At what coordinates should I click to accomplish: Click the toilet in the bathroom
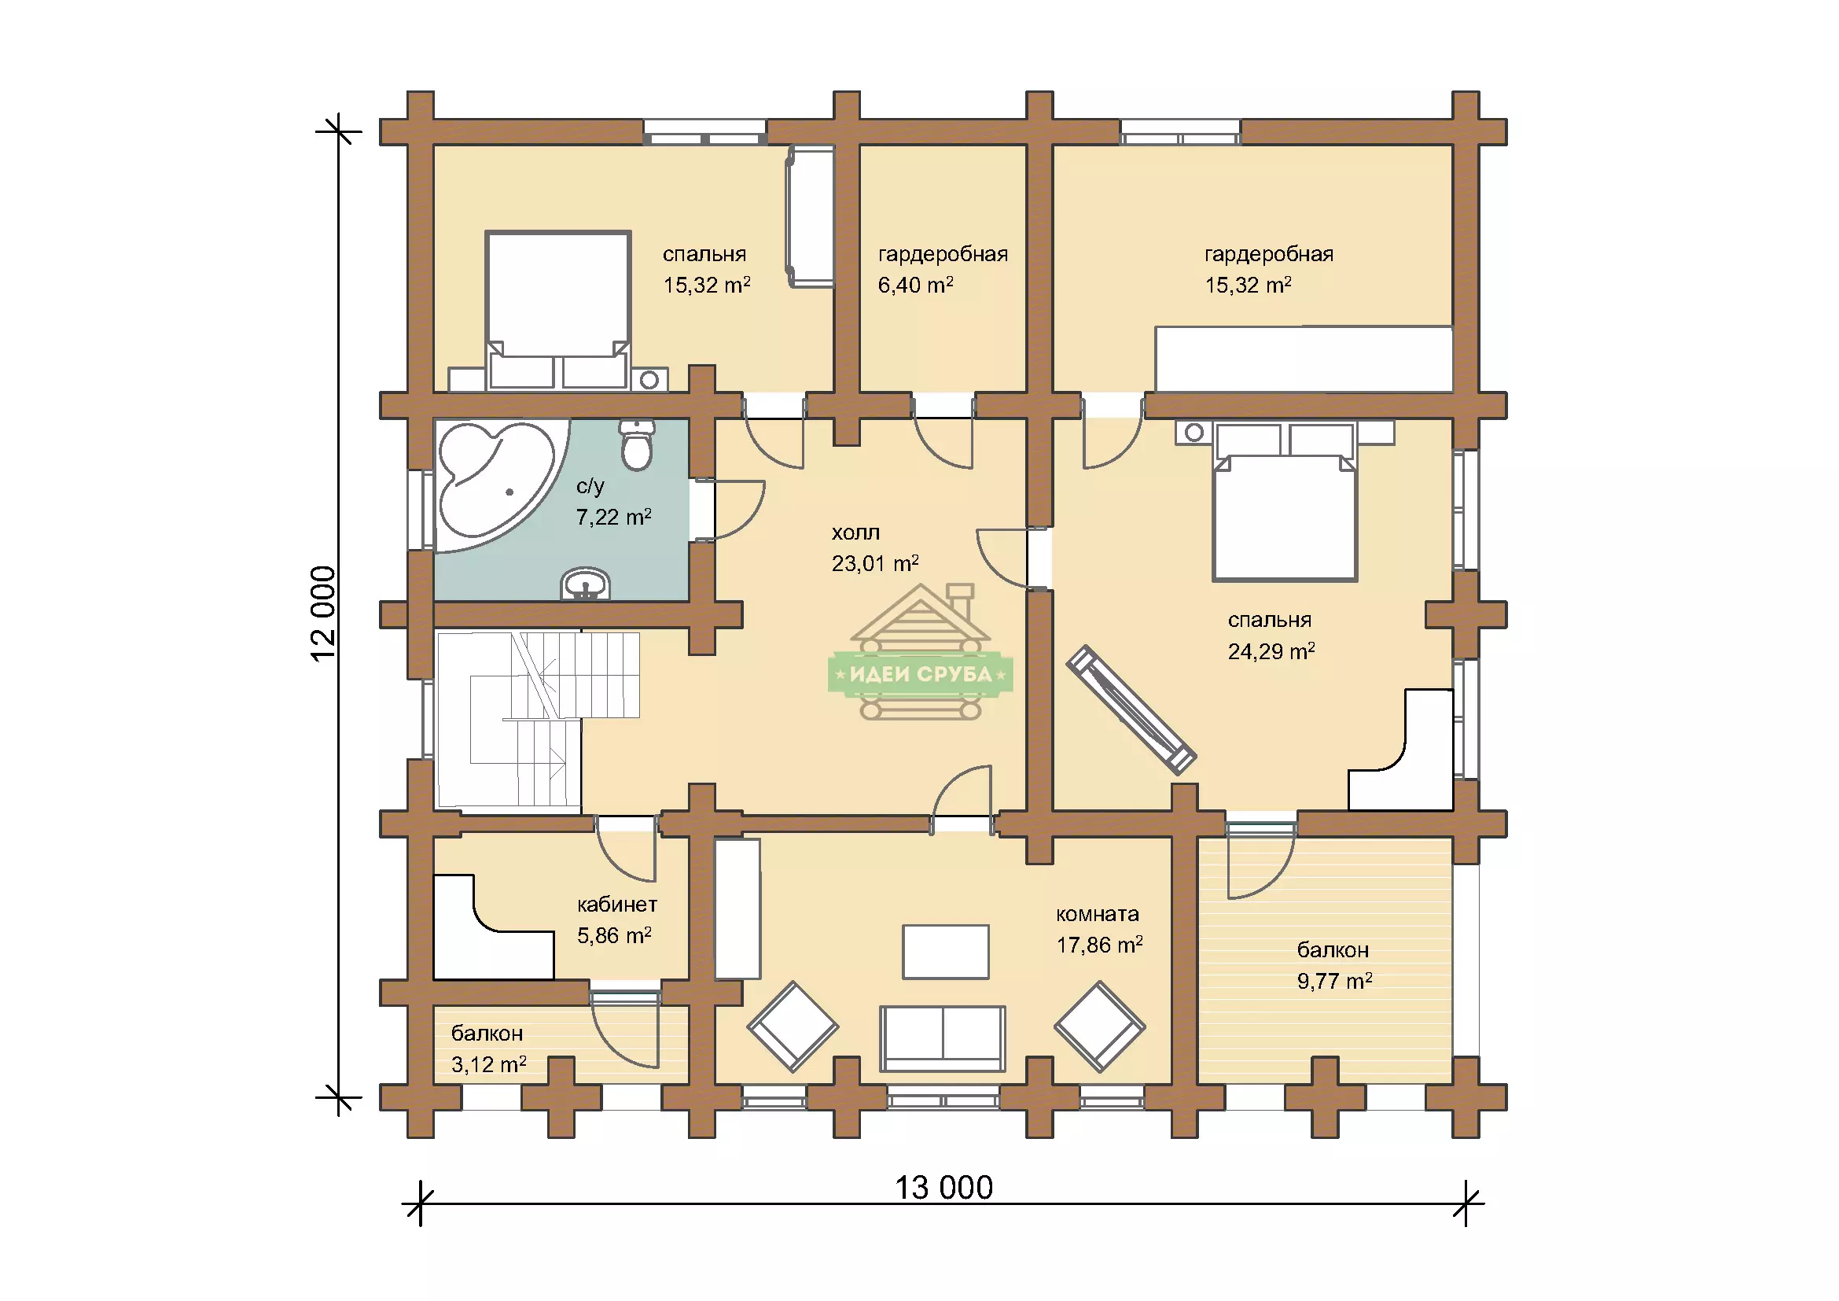(638, 445)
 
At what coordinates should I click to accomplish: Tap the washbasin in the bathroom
(586, 584)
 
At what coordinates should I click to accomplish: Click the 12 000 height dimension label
(324, 613)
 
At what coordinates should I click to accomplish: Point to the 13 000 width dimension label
(943, 1187)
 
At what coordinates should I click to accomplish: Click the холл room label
(855, 533)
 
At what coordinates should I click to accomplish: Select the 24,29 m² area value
(1271, 651)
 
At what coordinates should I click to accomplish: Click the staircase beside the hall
(537, 719)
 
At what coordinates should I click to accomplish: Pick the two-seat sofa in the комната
(943, 1039)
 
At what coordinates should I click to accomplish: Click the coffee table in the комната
(946, 952)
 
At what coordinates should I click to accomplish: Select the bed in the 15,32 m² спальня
(557, 311)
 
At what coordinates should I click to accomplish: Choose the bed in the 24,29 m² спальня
(1285, 502)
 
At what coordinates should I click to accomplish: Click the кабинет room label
(616, 905)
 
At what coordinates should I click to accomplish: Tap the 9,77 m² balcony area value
(1334, 981)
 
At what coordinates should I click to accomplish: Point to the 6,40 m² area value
(915, 285)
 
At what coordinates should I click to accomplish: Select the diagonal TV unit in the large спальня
(1131, 709)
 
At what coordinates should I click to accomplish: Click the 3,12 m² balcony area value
(488, 1065)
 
